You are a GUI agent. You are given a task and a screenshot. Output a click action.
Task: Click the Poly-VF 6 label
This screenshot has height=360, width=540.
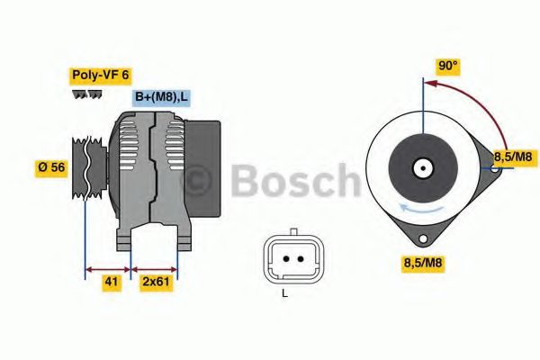click(x=100, y=76)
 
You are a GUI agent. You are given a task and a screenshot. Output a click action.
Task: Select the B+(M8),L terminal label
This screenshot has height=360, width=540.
click(x=161, y=96)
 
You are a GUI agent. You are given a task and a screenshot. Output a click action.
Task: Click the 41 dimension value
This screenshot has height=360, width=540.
click(x=112, y=283)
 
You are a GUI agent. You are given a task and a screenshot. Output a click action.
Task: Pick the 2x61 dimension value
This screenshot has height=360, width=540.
click(x=156, y=283)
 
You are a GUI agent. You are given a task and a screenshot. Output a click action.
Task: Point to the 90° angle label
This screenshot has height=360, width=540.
click(x=447, y=65)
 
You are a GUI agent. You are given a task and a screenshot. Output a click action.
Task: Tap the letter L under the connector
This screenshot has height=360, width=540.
click(x=284, y=294)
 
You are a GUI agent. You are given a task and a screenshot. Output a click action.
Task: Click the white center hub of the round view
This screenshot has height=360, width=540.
click(x=422, y=166)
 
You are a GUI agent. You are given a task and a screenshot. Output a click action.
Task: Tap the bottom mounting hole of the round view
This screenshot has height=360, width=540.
click(x=422, y=238)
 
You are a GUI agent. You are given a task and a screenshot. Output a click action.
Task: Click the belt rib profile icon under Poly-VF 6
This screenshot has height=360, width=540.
click(x=87, y=94)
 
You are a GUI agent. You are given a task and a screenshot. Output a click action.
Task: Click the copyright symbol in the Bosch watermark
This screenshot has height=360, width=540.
click(x=197, y=181)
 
